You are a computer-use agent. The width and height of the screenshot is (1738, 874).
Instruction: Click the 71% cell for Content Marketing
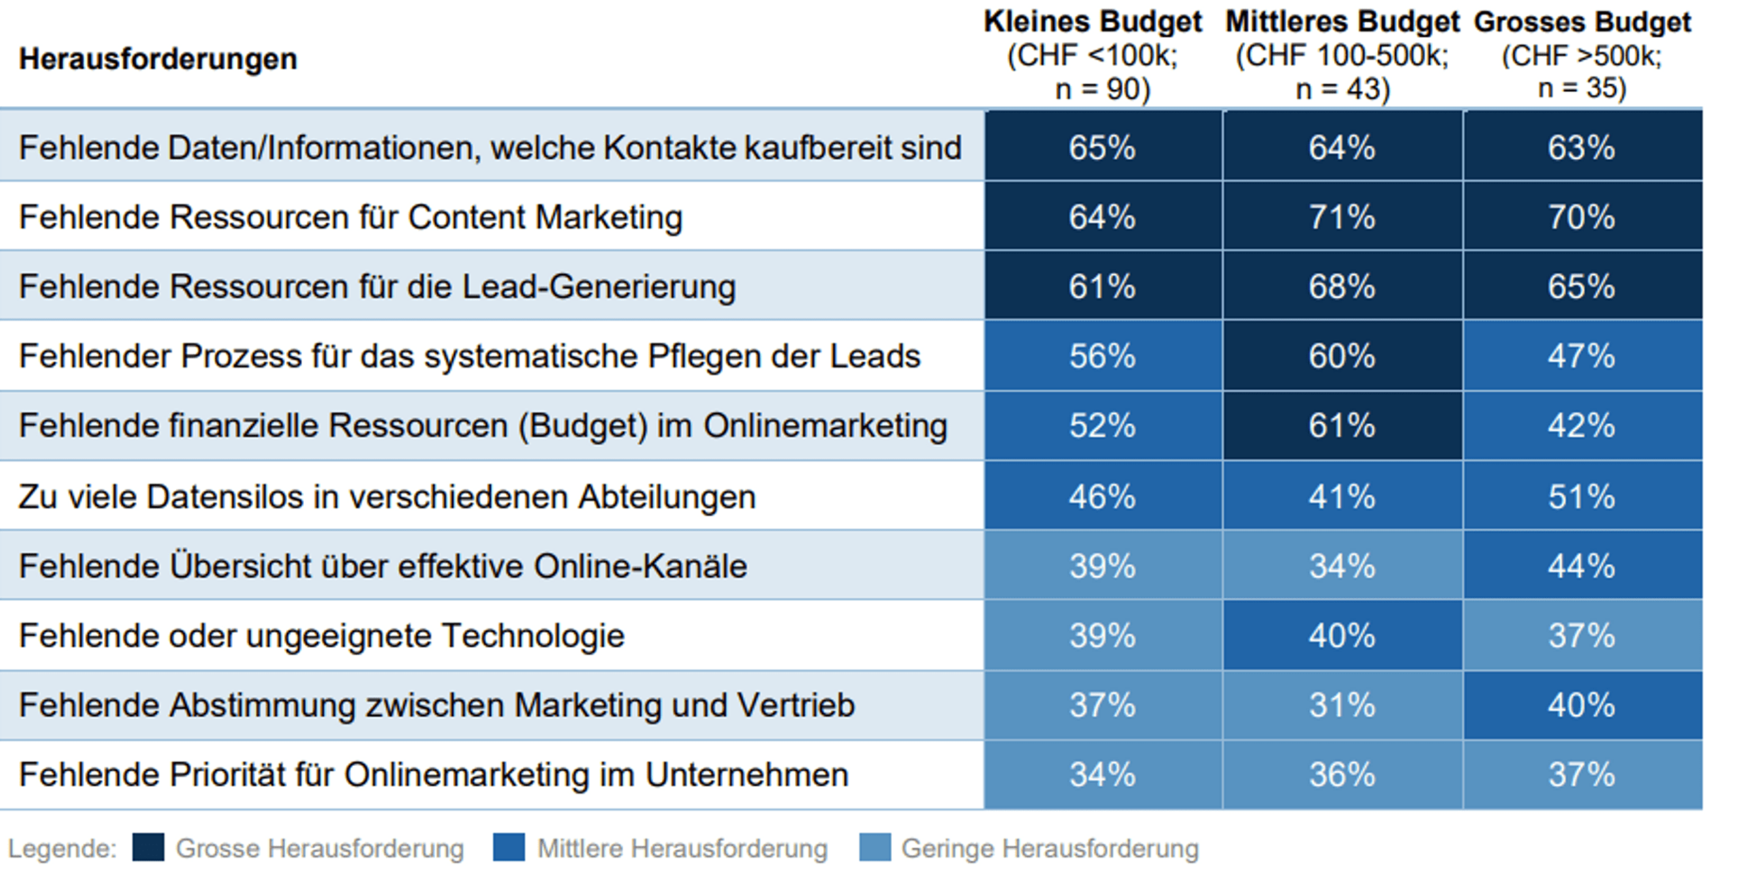(1342, 217)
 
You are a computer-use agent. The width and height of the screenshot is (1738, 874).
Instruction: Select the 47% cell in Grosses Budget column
(1581, 356)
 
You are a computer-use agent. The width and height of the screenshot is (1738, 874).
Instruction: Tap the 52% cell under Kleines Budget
(1102, 426)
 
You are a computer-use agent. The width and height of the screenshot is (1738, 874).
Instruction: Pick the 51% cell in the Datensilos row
(1581, 497)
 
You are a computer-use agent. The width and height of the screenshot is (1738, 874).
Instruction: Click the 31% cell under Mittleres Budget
(1342, 705)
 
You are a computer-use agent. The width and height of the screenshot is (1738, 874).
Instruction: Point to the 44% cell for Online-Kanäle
(1581, 566)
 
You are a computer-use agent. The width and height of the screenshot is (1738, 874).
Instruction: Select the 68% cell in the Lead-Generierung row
(1342, 286)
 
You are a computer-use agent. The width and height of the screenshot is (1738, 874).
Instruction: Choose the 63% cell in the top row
(1581, 148)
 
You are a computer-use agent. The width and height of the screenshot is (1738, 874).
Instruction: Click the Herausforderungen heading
(158, 60)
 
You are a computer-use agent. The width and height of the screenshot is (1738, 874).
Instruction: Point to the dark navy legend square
(148, 848)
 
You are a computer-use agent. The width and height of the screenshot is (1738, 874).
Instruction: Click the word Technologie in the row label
(533, 636)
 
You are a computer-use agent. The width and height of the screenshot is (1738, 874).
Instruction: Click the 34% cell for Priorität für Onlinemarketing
(1102, 775)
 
